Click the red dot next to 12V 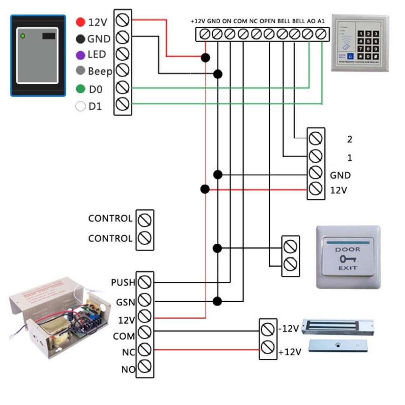[x=80, y=22]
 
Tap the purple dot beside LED [x=80, y=55]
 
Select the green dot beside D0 [x=80, y=89]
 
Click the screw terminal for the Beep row [x=122, y=71]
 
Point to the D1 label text [x=95, y=107]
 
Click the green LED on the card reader [x=23, y=36]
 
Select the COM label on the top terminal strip [x=240, y=21]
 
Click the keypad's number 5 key [x=368, y=42]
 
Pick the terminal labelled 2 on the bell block [x=316, y=138]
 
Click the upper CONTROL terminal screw [x=145, y=220]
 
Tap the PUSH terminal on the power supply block [x=145, y=282]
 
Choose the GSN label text [x=125, y=302]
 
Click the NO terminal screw [x=145, y=366]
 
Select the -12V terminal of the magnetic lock [x=268, y=329]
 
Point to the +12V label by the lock [x=290, y=352]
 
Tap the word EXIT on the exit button [x=348, y=268]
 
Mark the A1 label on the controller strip [x=321, y=21]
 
